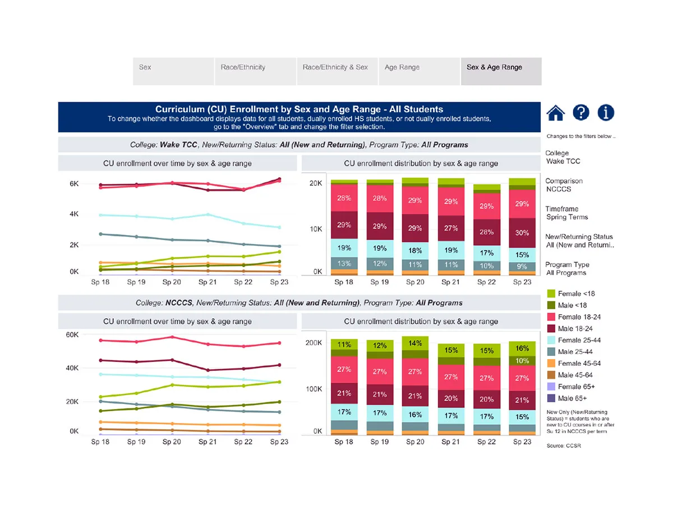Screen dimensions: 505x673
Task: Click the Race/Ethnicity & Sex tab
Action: pos(335,67)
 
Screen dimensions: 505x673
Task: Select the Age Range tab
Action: pos(402,67)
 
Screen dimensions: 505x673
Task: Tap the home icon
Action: pos(555,113)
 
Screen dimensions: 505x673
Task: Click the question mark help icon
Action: pos(581,113)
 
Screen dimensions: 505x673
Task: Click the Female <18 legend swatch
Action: pos(551,293)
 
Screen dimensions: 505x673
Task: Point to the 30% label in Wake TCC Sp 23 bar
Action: pos(522,233)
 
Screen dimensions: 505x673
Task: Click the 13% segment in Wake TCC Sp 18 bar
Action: pos(344,264)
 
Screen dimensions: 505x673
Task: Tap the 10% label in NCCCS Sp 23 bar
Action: pos(522,361)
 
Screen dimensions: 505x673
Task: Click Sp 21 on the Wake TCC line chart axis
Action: pos(208,282)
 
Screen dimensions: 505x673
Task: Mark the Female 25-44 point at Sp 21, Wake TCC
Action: pos(208,214)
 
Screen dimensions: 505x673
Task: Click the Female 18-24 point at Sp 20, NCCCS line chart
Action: pos(172,337)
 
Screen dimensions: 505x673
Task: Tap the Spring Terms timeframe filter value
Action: pos(567,217)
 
